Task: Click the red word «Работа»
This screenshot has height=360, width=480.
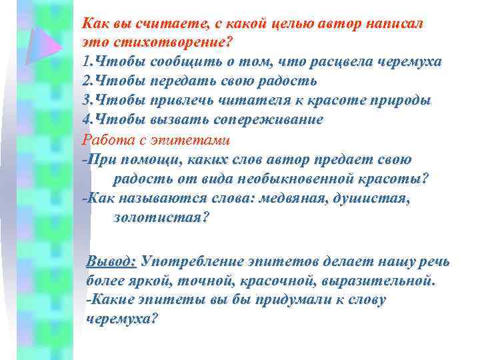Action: tap(103, 139)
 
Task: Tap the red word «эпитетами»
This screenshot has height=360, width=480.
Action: tap(173, 139)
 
